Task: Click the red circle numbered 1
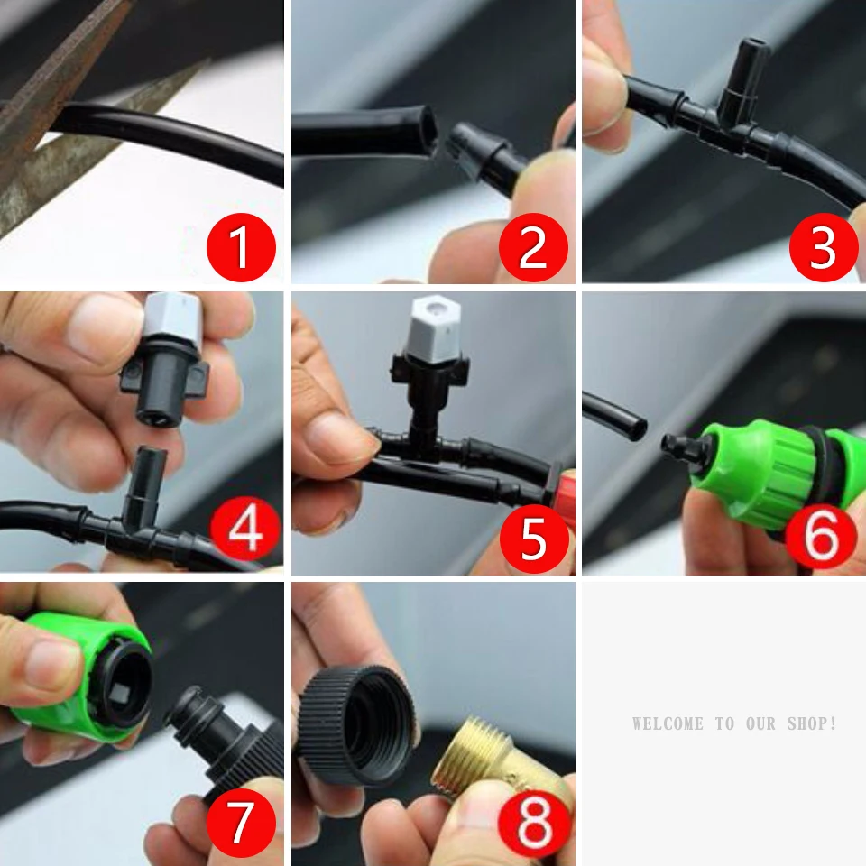click(x=242, y=247)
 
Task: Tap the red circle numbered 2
click(x=533, y=247)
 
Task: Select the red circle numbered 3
click(x=824, y=247)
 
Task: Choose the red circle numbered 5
click(x=534, y=538)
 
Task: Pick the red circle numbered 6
click(x=821, y=535)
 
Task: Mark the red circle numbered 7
click(x=242, y=823)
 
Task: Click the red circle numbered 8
click(x=533, y=823)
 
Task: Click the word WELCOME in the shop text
click(x=668, y=723)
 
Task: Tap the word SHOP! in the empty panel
click(x=812, y=723)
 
